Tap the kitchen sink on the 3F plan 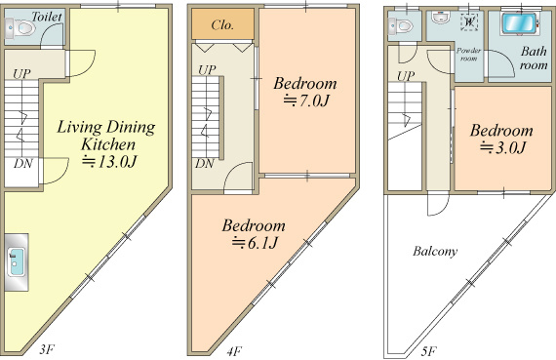coord(16,262)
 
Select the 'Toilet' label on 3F coord(47,17)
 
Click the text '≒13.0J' coord(109,162)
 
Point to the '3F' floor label coord(47,349)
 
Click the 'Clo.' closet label coord(222,24)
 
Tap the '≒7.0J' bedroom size coord(306,101)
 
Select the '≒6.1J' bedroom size coord(255,243)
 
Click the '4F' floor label coord(234,351)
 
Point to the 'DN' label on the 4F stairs coord(205,164)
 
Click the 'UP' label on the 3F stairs coord(21,74)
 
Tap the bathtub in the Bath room coord(518,24)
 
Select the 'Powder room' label coord(468,55)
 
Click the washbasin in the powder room coord(441,17)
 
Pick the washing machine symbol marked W coord(469,21)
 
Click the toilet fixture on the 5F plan coord(401,25)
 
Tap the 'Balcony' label coord(435,251)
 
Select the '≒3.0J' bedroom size coord(502,147)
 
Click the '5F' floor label coord(428,351)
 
